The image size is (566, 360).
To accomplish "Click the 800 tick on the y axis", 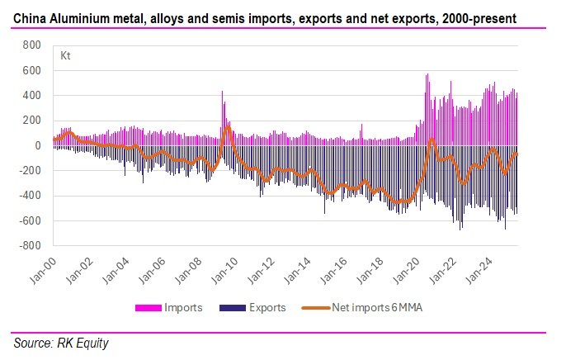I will coord(31,45).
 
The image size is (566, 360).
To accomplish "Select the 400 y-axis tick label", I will coord(31,96).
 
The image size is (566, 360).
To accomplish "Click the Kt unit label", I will coord(65,56).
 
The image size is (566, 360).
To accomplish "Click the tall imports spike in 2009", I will coord(222,92).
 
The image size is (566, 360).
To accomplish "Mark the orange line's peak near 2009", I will coord(227,126).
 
